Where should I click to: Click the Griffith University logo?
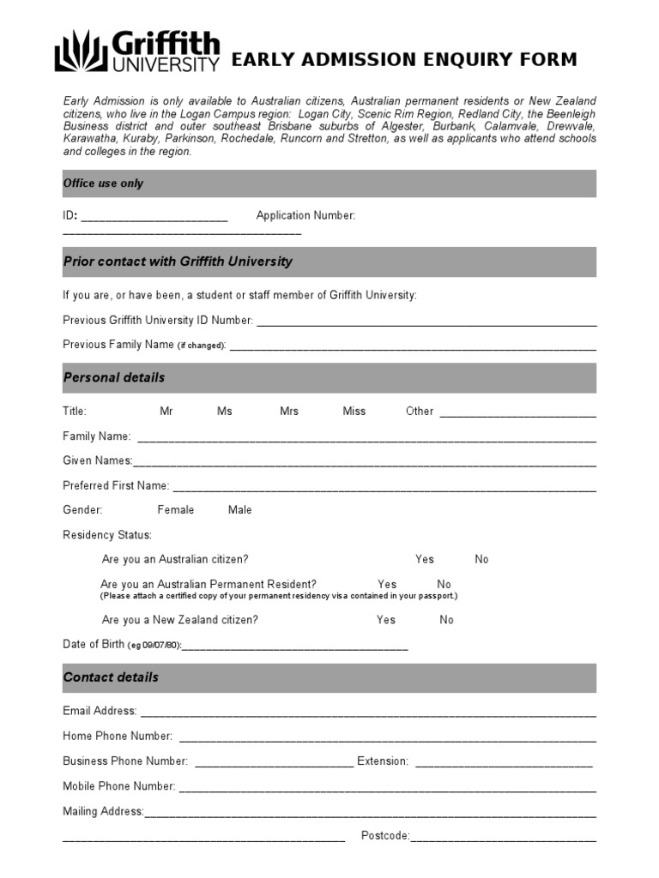click(x=137, y=51)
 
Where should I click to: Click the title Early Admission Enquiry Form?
click(x=404, y=60)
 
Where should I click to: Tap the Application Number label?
click(x=305, y=216)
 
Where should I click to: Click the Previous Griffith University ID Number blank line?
click(x=426, y=323)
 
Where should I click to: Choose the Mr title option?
click(x=166, y=412)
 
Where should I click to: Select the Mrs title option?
click(x=289, y=412)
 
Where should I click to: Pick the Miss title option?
click(x=354, y=412)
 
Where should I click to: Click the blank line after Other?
click(x=517, y=414)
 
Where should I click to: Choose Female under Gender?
click(x=176, y=510)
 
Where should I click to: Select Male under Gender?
click(x=240, y=510)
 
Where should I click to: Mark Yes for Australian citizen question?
click(x=425, y=559)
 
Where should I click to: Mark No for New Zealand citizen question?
click(x=446, y=620)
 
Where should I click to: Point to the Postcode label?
click(x=385, y=836)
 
